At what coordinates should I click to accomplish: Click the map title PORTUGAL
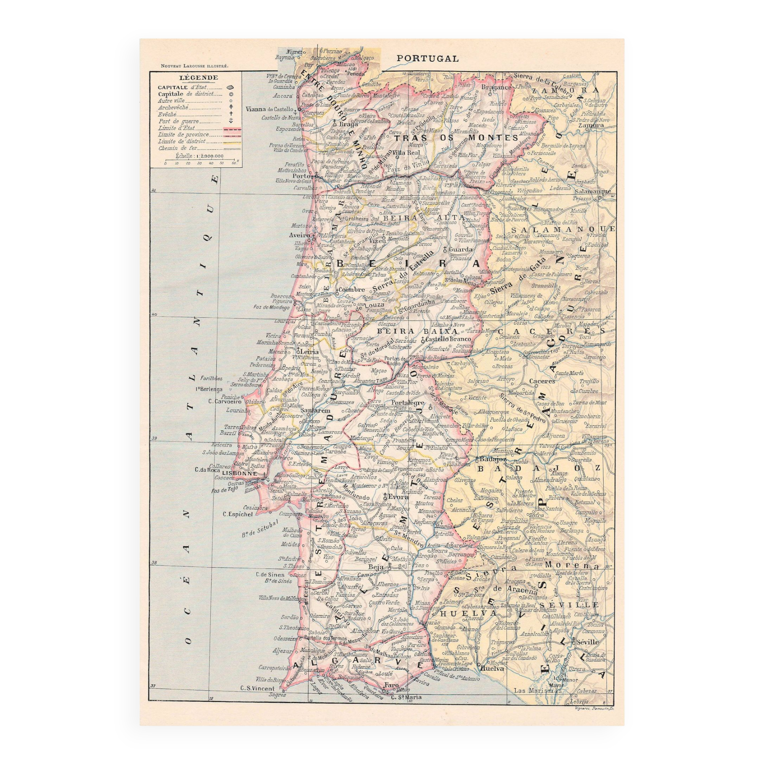tap(427, 58)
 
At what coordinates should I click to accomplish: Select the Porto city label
tap(301, 176)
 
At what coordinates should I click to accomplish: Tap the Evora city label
tap(396, 497)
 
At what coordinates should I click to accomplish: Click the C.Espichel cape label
tap(237, 514)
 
